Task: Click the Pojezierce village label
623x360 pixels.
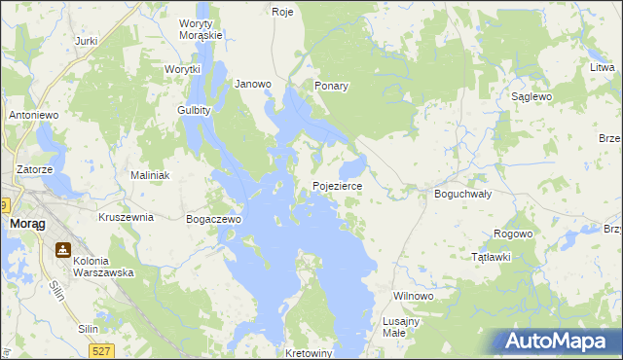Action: [x=338, y=186]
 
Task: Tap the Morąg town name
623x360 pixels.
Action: [x=23, y=224]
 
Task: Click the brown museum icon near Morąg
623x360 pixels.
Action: [x=63, y=250]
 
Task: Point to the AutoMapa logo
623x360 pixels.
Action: [x=560, y=342]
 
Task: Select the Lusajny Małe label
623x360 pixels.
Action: [x=401, y=327]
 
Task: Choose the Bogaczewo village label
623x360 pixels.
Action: [x=213, y=220]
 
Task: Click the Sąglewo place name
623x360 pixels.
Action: [x=532, y=97]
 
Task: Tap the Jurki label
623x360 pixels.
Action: [x=87, y=41]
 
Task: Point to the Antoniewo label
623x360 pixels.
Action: [x=35, y=115]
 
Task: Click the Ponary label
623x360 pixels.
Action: [x=331, y=86]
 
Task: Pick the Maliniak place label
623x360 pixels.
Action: [x=151, y=175]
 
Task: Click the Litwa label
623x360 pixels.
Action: [x=601, y=71]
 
